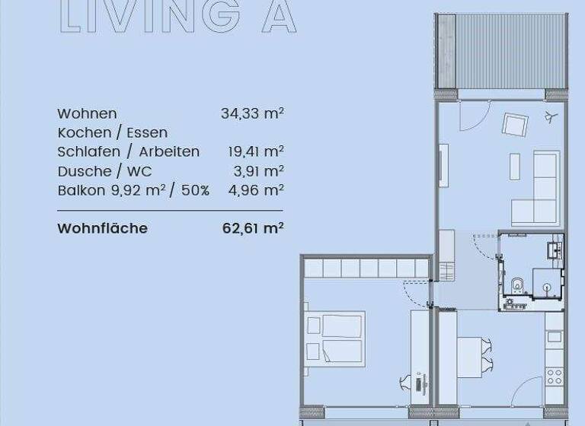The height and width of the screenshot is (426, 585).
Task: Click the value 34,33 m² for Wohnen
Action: click(x=252, y=114)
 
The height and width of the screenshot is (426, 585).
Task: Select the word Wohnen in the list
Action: click(x=87, y=114)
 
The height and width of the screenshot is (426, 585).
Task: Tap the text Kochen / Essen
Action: click(x=112, y=133)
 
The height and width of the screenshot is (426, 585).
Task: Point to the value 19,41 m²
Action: click(x=256, y=152)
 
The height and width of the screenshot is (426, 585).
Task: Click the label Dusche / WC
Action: click(x=104, y=171)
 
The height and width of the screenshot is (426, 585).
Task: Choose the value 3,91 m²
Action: click(x=259, y=171)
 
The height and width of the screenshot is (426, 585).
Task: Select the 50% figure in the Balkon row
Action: click(x=194, y=190)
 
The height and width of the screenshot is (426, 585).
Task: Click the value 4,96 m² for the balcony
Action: click(x=256, y=190)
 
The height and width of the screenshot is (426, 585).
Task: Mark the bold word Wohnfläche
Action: click(x=102, y=228)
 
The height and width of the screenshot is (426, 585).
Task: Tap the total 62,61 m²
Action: click(x=253, y=228)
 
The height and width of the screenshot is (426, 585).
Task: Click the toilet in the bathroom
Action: click(x=518, y=284)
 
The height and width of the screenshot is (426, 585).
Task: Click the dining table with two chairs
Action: click(x=469, y=356)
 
